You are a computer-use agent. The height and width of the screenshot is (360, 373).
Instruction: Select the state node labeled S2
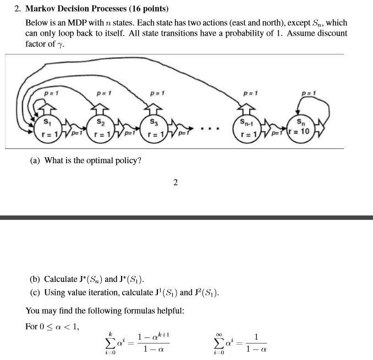99,128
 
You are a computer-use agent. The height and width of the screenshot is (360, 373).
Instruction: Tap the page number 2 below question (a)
175,183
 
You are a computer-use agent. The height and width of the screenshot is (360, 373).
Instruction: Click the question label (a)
36,160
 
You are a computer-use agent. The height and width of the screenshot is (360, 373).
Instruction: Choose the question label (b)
36,279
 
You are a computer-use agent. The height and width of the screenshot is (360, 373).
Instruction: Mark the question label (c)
36,292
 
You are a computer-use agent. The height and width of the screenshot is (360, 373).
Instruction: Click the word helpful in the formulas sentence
167,311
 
